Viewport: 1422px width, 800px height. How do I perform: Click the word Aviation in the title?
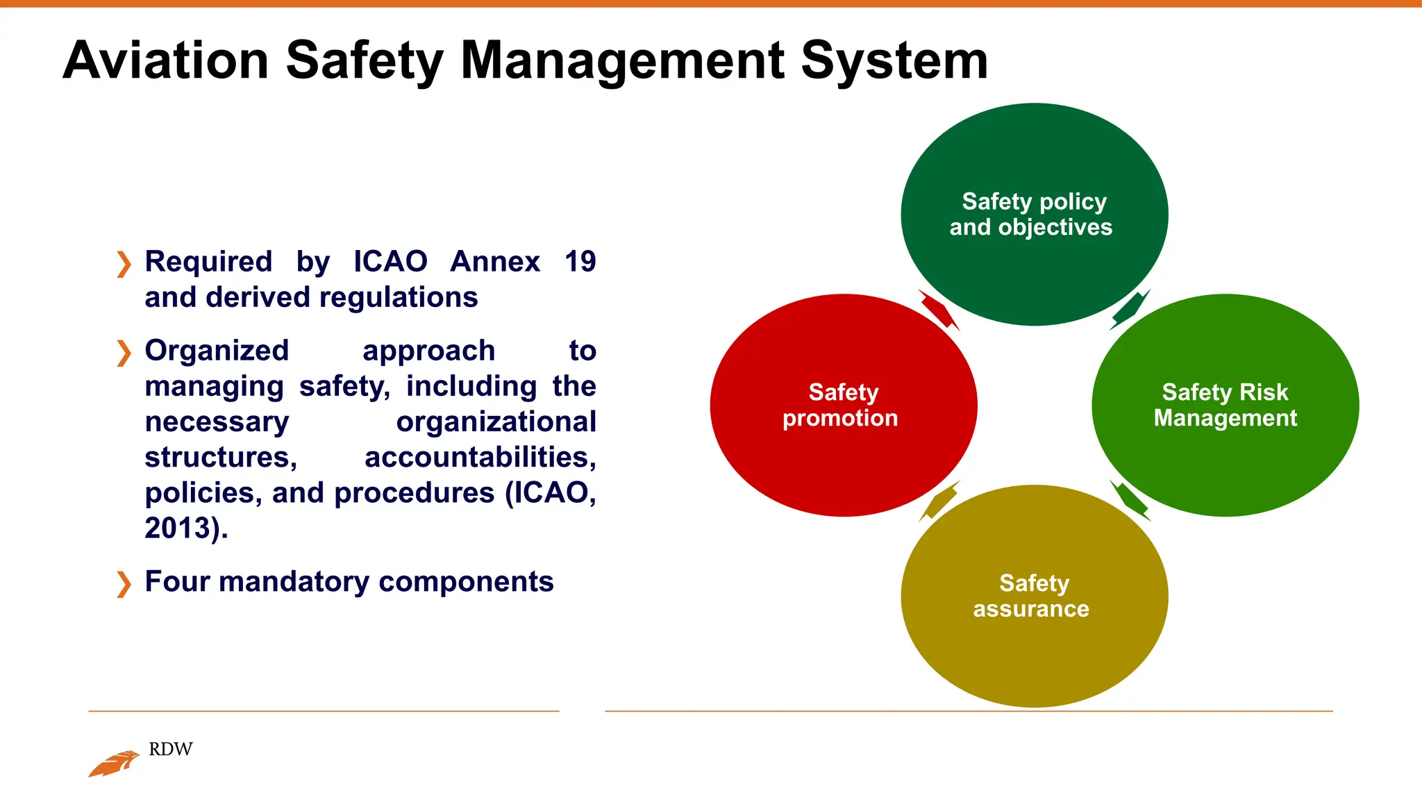pyautogui.click(x=165, y=61)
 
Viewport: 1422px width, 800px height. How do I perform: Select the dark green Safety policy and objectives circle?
pyautogui.click(x=1034, y=160)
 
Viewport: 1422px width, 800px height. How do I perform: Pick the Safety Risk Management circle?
pyautogui.click(x=1225, y=458)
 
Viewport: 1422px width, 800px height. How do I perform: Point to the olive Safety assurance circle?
pyautogui.click(x=1034, y=653)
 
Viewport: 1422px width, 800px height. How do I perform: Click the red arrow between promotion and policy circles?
pyautogui.click(x=939, y=310)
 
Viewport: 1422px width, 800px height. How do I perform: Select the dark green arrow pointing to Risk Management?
pyautogui.click(x=1130, y=310)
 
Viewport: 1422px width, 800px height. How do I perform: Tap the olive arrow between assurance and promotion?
pyautogui.click(x=939, y=501)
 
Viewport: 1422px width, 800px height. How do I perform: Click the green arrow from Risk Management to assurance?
pyautogui.click(x=1130, y=500)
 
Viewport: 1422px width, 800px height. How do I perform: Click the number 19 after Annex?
pyautogui.click(x=580, y=262)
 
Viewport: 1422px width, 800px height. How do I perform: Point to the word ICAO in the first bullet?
pyautogui.click(x=390, y=262)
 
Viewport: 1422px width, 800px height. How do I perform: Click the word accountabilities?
pyautogui.click(x=480, y=457)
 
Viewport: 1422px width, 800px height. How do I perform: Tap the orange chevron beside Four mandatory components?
pyautogui.click(x=124, y=583)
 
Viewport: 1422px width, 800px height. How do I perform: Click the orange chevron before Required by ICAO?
pyautogui.click(x=124, y=264)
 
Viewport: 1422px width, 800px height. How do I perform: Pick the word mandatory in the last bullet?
pyautogui.click(x=294, y=582)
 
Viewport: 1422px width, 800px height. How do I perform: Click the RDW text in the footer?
pyautogui.click(x=171, y=749)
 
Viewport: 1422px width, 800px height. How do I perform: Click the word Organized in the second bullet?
pyautogui.click(x=217, y=351)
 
